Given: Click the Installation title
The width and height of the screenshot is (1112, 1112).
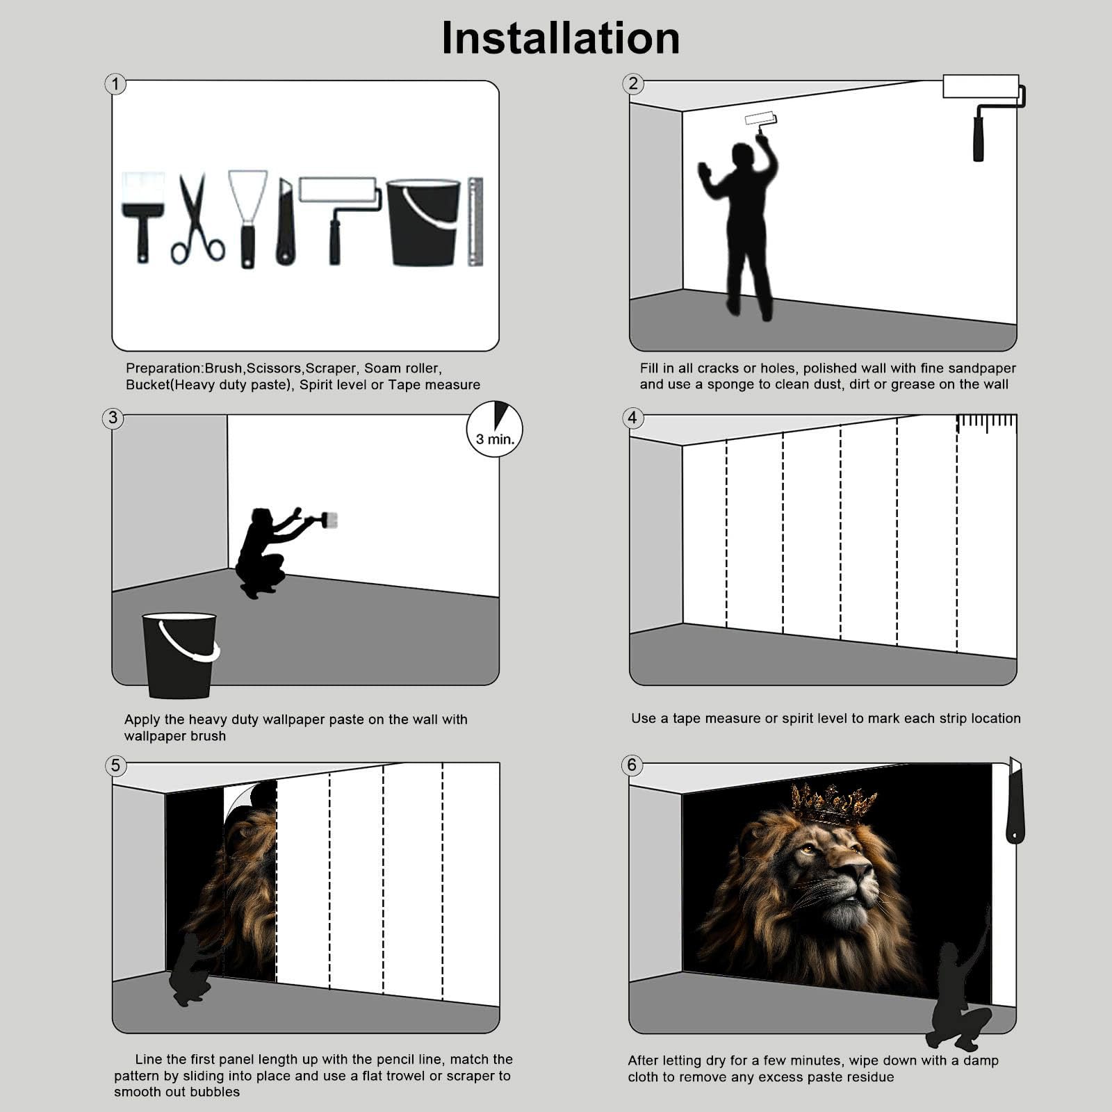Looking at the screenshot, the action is pyautogui.click(x=560, y=38).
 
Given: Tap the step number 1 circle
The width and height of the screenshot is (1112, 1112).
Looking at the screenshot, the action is pyautogui.click(x=115, y=84).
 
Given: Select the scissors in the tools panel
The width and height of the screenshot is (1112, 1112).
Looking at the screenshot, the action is pyautogui.click(x=197, y=219).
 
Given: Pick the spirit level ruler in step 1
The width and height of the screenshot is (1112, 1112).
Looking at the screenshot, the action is pyautogui.click(x=475, y=222).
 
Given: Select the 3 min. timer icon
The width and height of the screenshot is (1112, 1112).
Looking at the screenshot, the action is pyautogui.click(x=494, y=429).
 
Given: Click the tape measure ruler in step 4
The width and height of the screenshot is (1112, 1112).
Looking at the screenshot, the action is pyautogui.click(x=987, y=423).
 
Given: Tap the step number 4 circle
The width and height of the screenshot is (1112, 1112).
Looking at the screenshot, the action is pyautogui.click(x=632, y=418).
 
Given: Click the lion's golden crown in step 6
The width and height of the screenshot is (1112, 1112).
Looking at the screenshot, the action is pyautogui.click(x=833, y=804).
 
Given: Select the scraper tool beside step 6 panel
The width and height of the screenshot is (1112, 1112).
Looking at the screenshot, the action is pyautogui.click(x=1015, y=801).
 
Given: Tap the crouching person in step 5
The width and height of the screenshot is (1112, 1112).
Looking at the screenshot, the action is pyautogui.click(x=191, y=970).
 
